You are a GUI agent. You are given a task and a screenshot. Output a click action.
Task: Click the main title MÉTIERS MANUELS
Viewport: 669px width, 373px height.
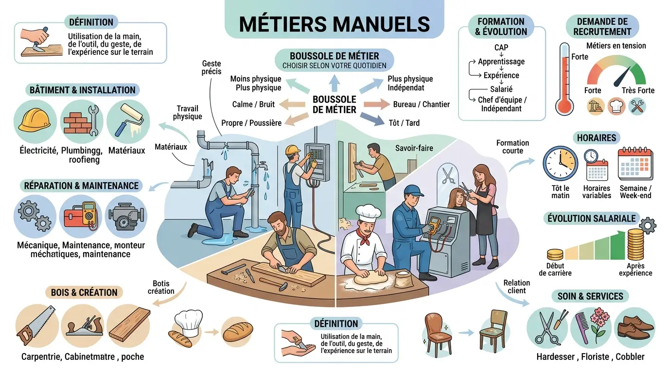334,23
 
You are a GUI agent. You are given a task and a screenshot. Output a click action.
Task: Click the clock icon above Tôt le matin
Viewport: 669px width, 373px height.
560,164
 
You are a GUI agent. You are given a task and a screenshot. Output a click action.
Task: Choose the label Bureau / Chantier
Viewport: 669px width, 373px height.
421,104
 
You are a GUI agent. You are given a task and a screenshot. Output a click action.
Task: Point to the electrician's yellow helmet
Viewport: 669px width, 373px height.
292,150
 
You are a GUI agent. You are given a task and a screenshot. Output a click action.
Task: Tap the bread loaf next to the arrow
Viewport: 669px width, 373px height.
238,331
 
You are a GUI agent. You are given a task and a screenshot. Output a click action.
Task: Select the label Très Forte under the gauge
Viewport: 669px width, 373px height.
638,90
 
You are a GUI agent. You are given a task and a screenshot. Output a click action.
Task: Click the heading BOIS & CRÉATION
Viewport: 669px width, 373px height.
84,292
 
